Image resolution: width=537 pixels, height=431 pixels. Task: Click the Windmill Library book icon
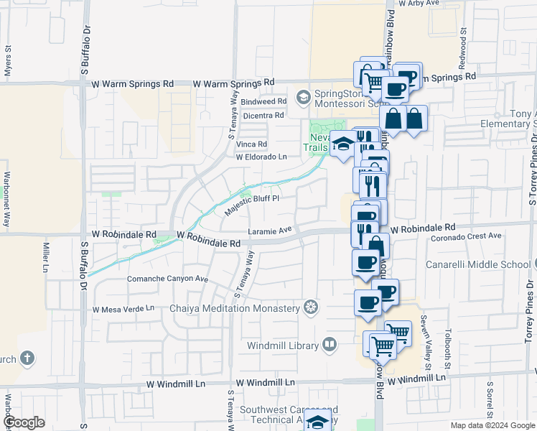pyautogui.click(x=330, y=346)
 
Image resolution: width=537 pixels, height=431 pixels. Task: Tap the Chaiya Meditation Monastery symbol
pyautogui.click(x=310, y=308)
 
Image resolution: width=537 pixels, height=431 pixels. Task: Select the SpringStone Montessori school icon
pyautogui.click(x=303, y=96)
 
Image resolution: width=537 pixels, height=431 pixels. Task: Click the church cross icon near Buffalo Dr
pyautogui.click(x=27, y=357)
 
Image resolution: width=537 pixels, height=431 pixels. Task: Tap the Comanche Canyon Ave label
pyautogui.click(x=167, y=279)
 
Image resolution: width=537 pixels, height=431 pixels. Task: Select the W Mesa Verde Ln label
pyautogui.click(x=123, y=308)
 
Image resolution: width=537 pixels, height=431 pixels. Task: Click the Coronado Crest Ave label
pyautogui.click(x=467, y=236)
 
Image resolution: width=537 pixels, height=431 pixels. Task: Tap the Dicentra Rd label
pyautogui.click(x=263, y=115)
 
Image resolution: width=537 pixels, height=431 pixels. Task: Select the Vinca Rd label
pyautogui.click(x=251, y=144)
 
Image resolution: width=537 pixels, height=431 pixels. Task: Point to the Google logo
pyautogui.click(x=24, y=422)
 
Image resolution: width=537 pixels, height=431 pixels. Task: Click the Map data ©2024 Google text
pyautogui.click(x=492, y=425)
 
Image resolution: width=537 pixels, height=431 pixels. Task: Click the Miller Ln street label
pyautogui.click(x=45, y=257)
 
